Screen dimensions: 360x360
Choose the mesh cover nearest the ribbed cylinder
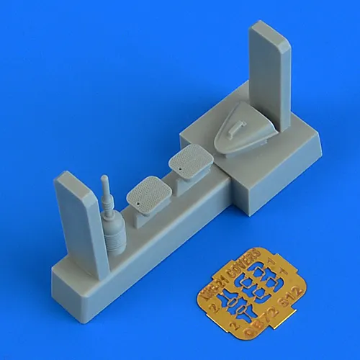tap(148, 192)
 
